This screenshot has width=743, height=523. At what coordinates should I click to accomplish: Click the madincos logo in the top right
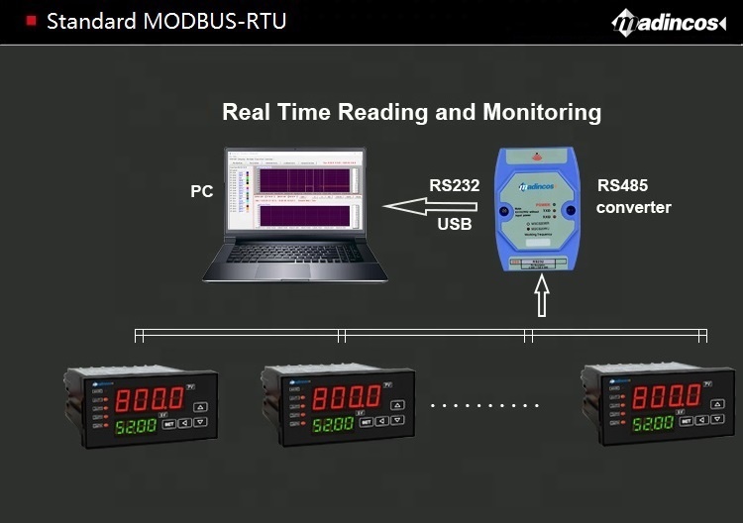coord(669,22)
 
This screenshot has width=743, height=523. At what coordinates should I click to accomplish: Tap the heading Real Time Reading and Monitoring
coord(411,112)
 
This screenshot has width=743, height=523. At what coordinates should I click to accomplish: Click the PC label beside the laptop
coord(202,191)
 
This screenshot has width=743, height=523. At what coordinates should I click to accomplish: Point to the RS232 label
coord(454,185)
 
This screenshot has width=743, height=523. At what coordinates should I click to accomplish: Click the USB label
coord(454,225)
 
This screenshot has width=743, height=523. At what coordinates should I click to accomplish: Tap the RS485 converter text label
coord(633,196)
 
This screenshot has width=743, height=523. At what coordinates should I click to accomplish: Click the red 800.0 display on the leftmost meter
coord(150,399)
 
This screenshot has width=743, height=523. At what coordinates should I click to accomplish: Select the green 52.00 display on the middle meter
coord(334,424)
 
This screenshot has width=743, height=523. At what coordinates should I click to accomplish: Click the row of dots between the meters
coord(485,405)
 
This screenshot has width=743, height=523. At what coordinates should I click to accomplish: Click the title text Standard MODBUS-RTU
coord(166,21)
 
